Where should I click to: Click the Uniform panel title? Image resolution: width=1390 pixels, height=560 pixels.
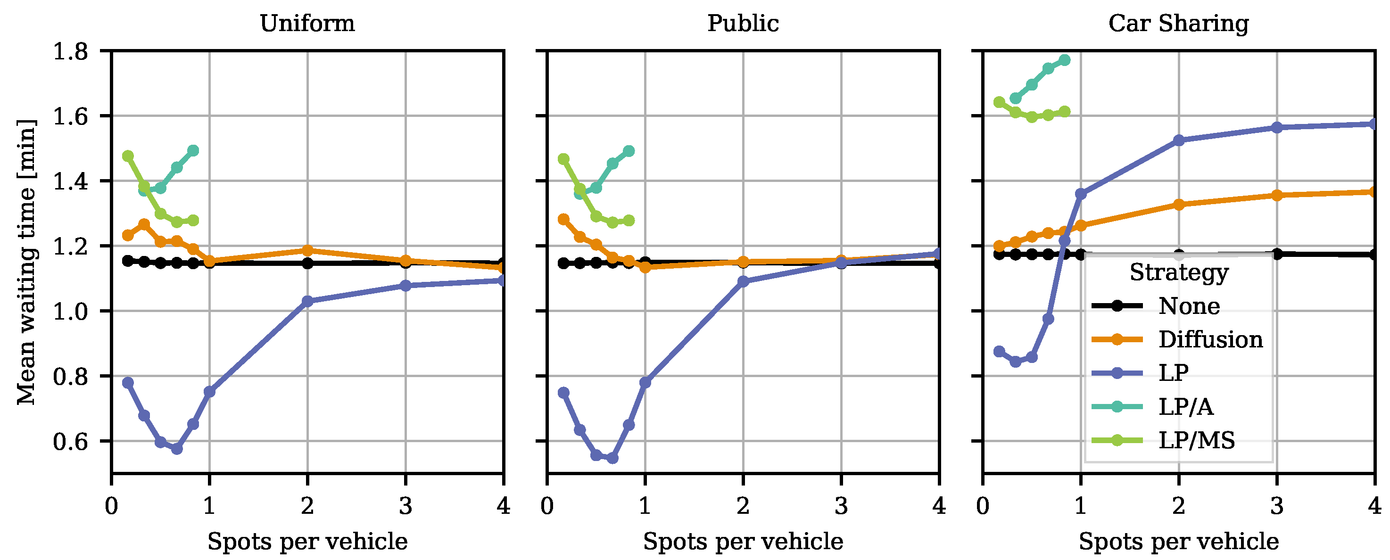pyautogui.click(x=307, y=23)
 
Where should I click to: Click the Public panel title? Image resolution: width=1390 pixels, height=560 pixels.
pyautogui.click(x=743, y=23)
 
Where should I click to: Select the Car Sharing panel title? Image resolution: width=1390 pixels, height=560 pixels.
pyautogui.click(x=1178, y=23)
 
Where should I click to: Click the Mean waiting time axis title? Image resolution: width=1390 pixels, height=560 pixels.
pyautogui.click(x=26, y=262)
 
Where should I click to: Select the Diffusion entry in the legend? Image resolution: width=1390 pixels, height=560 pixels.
pyautogui.click(x=1210, y=339)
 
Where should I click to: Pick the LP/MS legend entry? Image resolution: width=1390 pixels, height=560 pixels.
pyautogui.click(x=1196, y=441)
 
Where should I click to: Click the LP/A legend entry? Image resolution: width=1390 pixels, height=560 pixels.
pyautogui.click(x=1185, y=407)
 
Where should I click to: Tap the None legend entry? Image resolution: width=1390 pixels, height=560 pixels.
pyautogui.click(x=1189, y=306)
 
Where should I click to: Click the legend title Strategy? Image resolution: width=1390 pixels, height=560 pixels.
pyautogui.click(x=1179, y=272)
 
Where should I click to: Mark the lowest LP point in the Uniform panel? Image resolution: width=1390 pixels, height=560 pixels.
pyautogui.click(x=177, y=448)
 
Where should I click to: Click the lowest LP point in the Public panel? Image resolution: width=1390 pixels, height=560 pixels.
pyautogui.click(x=612, y=458)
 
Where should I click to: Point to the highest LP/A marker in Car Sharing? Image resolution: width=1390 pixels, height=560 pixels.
pyautogui.click(x=1065, y=60)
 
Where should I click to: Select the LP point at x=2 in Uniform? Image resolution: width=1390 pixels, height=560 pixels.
pyautogui.click(x=307, y=301)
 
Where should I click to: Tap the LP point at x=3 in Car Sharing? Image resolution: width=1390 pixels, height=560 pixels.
pyautogui.click(x=1277, y=127)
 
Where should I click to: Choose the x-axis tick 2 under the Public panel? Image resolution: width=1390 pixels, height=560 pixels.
pyautogui.click(x=743, y=506)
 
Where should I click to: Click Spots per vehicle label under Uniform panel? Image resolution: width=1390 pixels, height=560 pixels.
pyautogui.click(x=307, y=541)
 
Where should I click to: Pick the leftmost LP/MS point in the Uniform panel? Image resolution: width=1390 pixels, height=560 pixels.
pyautogui.click(x=128, y=156)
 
